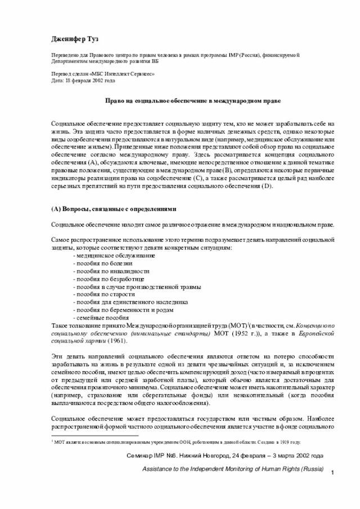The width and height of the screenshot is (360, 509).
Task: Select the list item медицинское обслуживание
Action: [x=106, y=255]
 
